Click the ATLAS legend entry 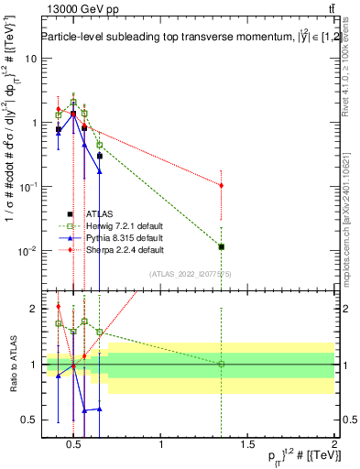[88, 214]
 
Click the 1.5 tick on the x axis [247, 446]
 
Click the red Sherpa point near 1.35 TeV [221, 185]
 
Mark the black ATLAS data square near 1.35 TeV [221, 246]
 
